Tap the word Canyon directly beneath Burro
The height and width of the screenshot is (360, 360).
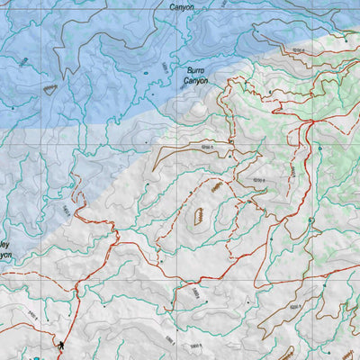point(196,81)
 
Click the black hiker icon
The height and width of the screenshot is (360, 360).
point(61,345)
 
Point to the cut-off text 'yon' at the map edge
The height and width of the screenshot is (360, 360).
point(5,255)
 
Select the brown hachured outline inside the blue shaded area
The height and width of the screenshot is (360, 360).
point(51,87)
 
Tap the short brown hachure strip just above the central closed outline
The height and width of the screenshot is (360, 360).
point(215,187)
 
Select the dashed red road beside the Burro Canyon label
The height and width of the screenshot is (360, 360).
point(232,85)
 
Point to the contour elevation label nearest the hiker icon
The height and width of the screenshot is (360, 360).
point(27,314)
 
